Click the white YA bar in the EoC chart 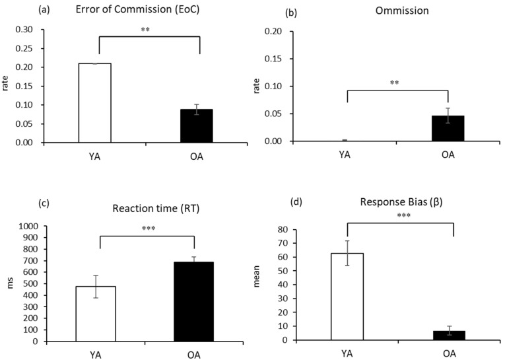pos(95,102)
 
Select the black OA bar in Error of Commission pos(197,126)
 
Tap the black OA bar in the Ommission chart pos(448,128)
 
